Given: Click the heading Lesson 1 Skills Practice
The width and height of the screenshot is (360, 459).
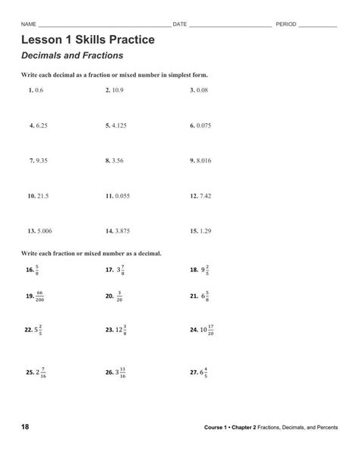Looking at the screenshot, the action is [x=88, y=39].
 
